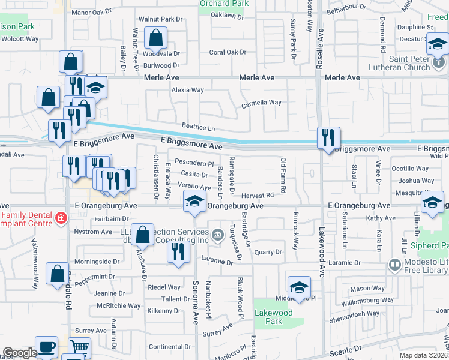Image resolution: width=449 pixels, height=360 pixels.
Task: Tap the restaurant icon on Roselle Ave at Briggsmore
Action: click(328, 138)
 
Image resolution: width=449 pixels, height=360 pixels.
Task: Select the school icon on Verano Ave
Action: click(194, 202)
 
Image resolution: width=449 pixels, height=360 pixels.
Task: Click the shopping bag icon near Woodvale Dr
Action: click(156, 38)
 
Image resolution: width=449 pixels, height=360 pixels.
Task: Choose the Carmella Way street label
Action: click(261, 103)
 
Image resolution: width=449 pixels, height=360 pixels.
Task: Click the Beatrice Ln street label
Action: click(199, 128)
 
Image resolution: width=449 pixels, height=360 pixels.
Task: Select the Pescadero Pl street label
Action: click(194, 163)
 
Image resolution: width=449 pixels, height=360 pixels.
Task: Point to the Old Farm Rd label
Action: click(283, 175)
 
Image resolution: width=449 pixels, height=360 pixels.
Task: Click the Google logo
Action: click(20, 353)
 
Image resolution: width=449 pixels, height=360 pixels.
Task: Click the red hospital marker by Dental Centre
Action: click(60, 217)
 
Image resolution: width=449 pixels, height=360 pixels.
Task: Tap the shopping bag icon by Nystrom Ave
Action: click(142, 235)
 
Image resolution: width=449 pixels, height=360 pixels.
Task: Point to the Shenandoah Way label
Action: click(357, 313)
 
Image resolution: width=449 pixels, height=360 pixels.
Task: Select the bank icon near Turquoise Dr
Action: click(217, 232)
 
